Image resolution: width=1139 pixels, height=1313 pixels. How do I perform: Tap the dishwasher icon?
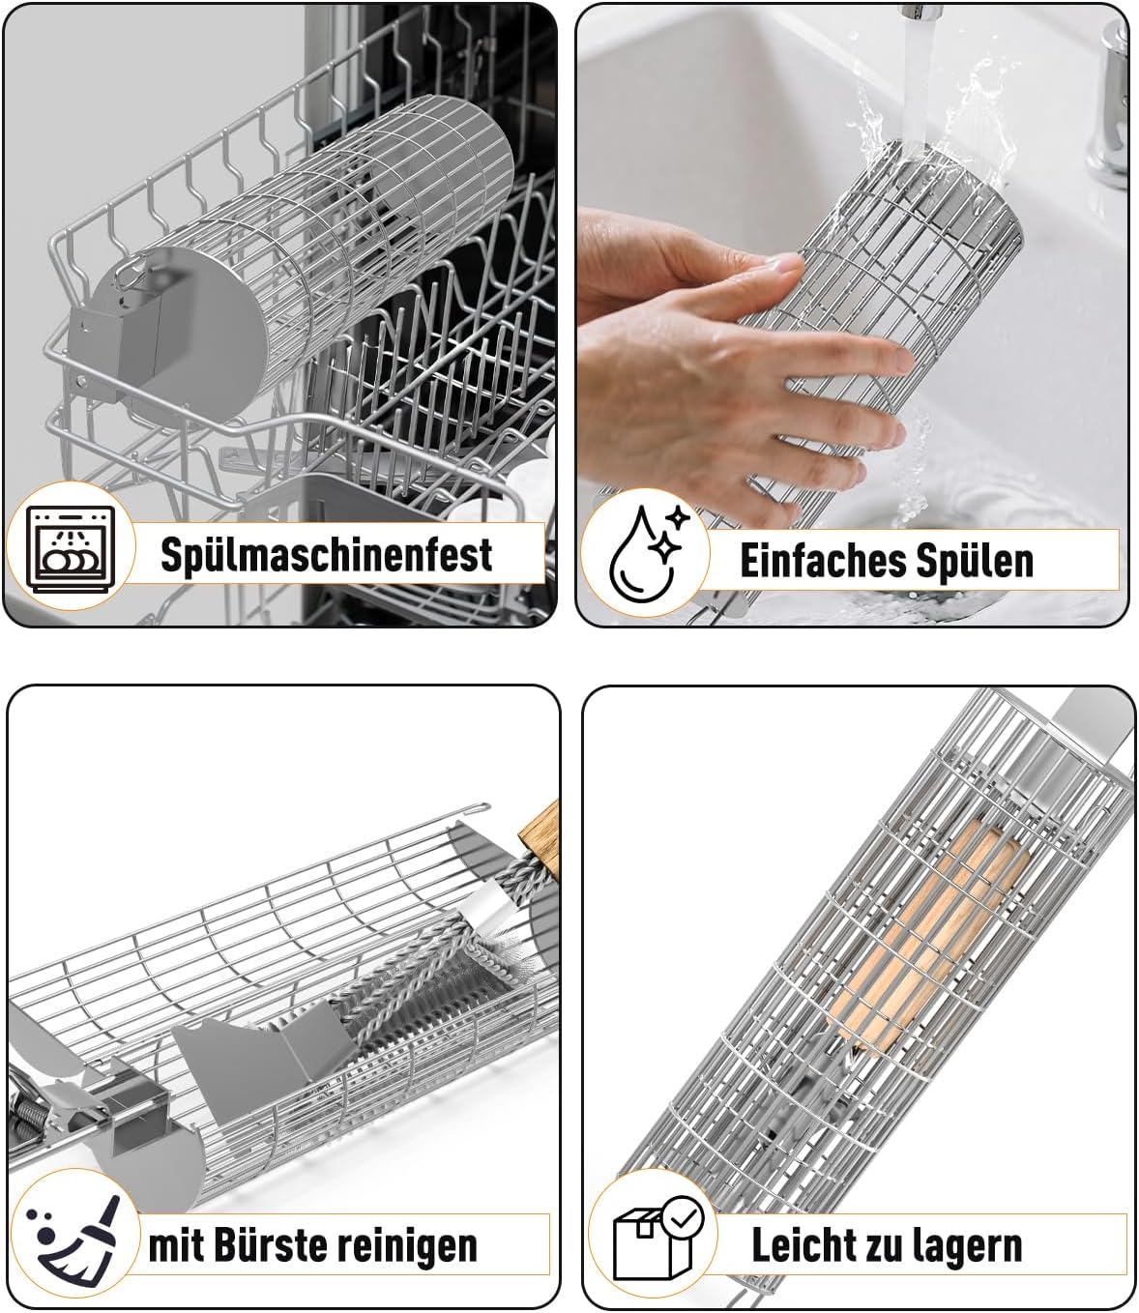pyautogui.click(x=71, y=548)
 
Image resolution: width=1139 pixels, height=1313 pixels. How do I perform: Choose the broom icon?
pyautogui.click(x=73, y=1239)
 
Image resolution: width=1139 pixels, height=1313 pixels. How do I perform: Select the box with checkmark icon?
pyautogui.click(x=657, y=1239)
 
